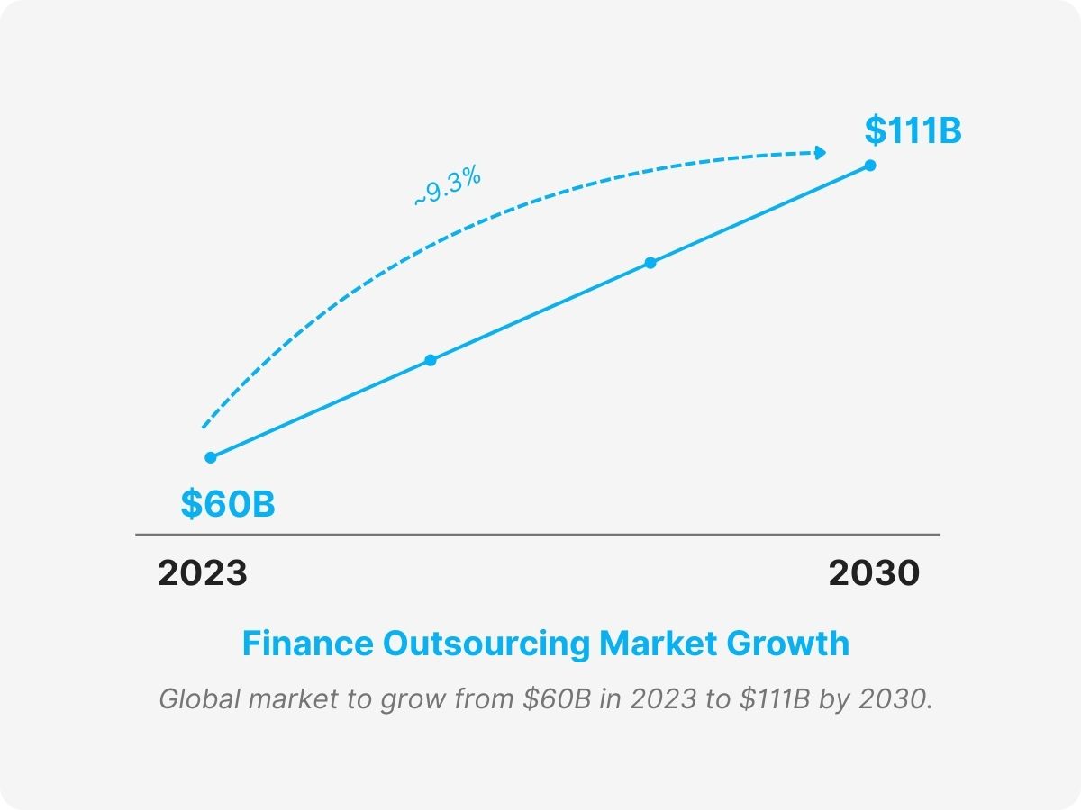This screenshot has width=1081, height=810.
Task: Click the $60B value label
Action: coord(228,504)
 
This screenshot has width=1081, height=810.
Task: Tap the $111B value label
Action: coord(913,130)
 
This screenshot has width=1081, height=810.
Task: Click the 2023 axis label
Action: coord(203,573)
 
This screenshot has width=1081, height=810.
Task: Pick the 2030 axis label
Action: coord(874,573)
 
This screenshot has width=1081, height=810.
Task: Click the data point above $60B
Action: coord(211,457)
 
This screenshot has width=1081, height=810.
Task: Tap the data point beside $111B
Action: coord(870,165)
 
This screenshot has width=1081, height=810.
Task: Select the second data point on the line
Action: coord(431,360)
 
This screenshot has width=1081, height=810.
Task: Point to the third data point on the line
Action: coord(650,263)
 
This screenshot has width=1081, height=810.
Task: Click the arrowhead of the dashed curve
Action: coord(820,153)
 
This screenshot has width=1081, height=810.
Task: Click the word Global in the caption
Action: coord(192,699)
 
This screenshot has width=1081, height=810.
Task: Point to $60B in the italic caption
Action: coord(557,699)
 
